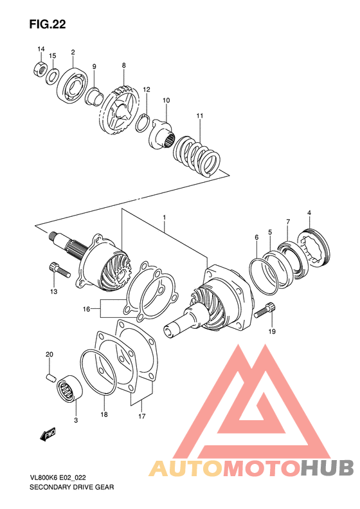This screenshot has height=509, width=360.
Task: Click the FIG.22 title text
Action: [48, 24]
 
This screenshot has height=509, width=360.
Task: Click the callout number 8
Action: [123, 65]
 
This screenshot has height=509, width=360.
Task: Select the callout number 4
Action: [309, 213]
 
